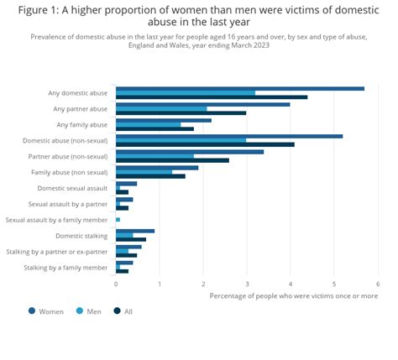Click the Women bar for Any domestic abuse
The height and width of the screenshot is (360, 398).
pos(239,88)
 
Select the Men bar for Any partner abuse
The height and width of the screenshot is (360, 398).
pos(161,108)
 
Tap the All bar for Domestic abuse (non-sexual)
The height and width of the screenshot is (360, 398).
pos(205,144)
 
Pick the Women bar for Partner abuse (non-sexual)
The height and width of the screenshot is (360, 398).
pos(190,152)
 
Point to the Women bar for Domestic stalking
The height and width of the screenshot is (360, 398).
pos(135,231)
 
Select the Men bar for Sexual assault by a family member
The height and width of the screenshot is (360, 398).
pos(118,220)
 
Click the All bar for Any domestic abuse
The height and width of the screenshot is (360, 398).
pos(212,97)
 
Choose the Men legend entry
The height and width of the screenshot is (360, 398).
pos(88,310)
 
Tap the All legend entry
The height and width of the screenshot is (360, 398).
pos(123,310)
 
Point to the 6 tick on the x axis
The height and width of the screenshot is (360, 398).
pos(378,284)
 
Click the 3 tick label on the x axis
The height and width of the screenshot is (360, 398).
pos(247,284)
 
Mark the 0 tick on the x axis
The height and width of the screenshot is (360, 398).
pos(116,284)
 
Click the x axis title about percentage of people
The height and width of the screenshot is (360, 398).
pos(293,295)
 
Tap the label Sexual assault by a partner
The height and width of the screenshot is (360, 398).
pos(67,204)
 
